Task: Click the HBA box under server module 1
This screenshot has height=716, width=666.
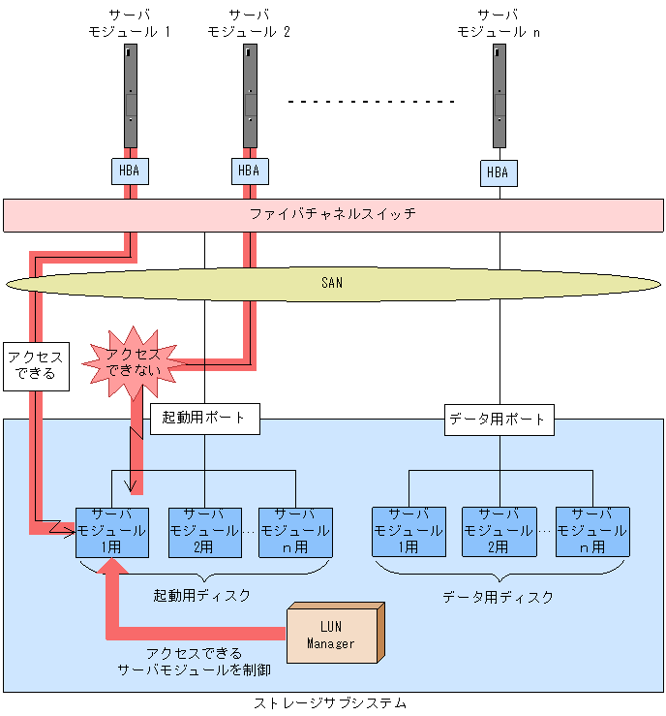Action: (129, 171)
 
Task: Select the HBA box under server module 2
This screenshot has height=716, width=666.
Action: (249, 171)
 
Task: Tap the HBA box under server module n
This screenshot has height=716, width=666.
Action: (497, 173)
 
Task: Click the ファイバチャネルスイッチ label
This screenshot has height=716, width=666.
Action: (333, 214)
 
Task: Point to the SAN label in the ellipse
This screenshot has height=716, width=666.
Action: (332, 283)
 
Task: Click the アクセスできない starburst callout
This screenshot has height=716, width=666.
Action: (133, 363)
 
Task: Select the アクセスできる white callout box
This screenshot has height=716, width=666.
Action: (36, 365)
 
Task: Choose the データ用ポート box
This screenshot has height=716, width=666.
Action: (499, 420)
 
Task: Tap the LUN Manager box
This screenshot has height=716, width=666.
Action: (331, 635)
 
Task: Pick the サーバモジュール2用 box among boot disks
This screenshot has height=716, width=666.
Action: (203, 531)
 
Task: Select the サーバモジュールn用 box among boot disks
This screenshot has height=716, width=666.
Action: (295, 531)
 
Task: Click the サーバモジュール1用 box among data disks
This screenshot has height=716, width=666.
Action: (408, 531)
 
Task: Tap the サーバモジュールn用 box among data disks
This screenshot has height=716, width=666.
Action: (591, 531)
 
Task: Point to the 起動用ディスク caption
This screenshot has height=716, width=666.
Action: (202, 595)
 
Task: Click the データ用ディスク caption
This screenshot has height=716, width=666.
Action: (499, 597)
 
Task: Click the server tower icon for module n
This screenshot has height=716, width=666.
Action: (499, 95)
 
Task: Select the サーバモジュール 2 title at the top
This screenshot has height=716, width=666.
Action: (249, 23)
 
